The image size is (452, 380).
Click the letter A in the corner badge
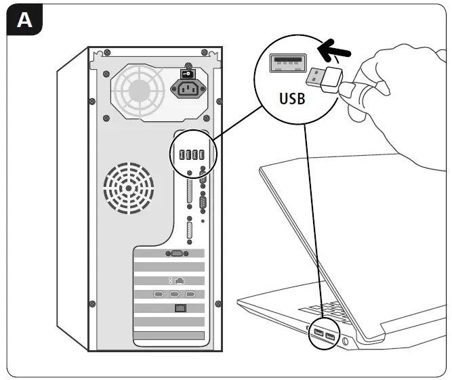coord(24,20)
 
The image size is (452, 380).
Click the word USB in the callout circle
coord(292,98)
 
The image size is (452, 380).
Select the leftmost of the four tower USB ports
coord(181,155)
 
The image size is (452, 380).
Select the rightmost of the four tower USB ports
coord(202,155)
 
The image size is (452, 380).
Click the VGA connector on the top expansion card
coord(173,253)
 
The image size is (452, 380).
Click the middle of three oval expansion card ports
coord(174,295)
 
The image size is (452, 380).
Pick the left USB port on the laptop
coord(318,333)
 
